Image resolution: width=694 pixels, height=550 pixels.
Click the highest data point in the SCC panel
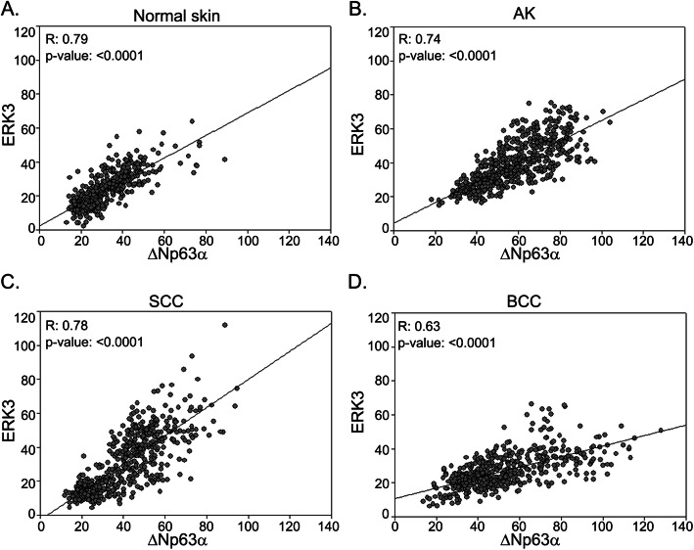[x=224, y=325]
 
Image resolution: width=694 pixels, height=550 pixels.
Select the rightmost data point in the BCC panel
[x=660, y=430]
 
